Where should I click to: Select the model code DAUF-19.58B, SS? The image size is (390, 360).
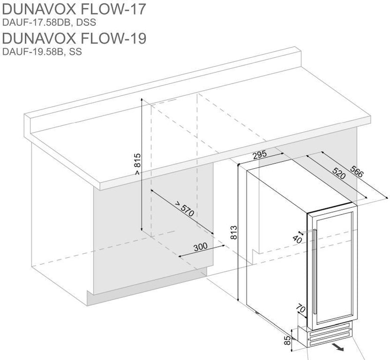(41, 51)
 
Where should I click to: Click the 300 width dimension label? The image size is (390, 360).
(200, 246)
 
